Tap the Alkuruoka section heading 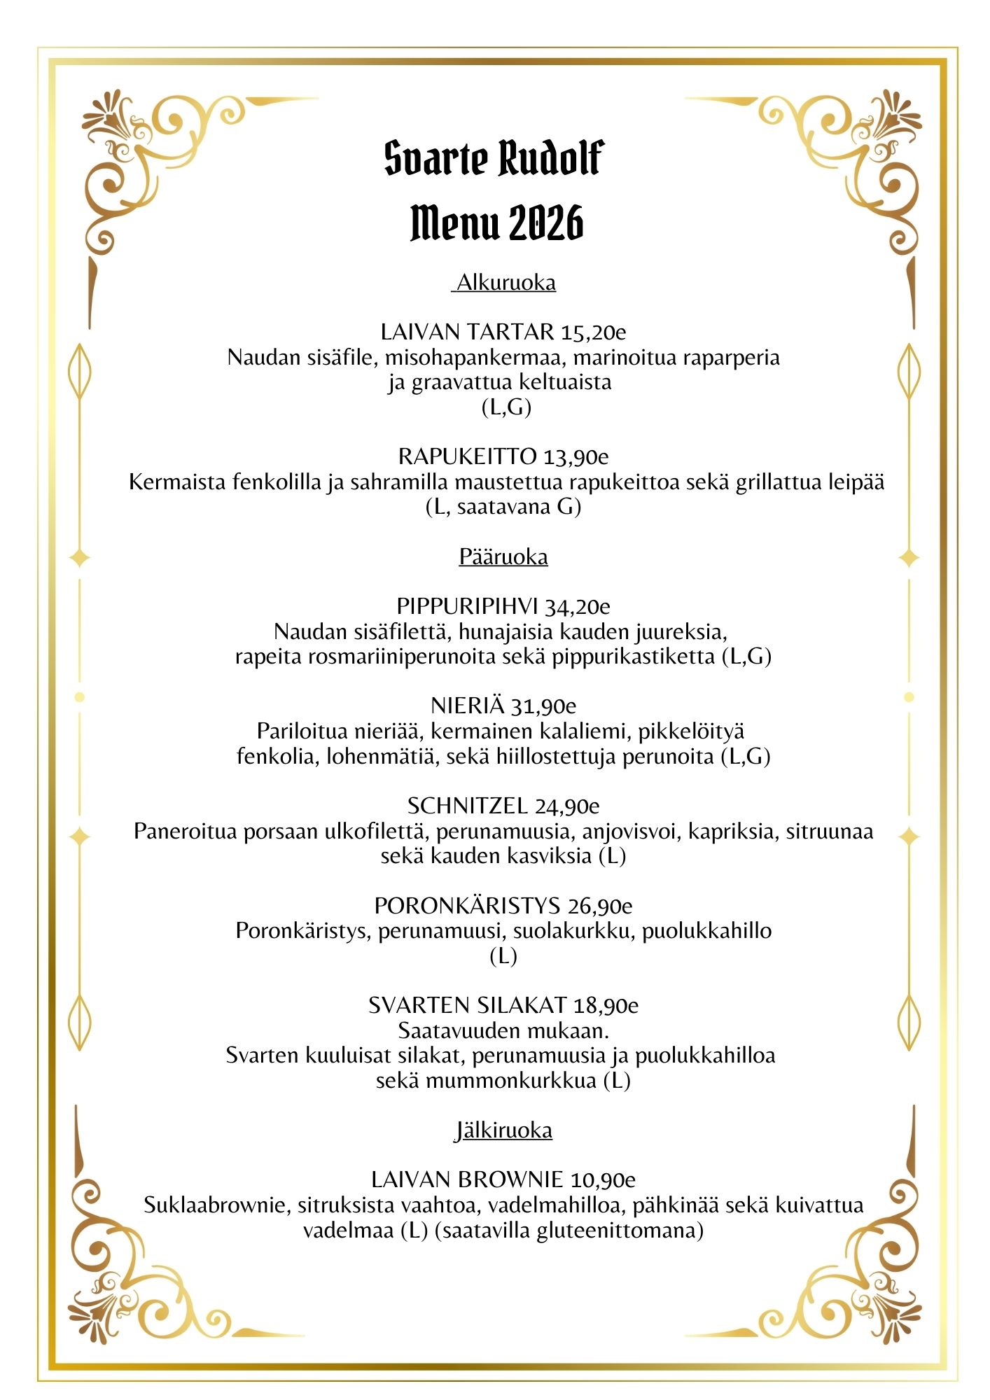(x=506, y=283)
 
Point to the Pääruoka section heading (x=503, y=557)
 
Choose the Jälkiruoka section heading (x=503, y=1130)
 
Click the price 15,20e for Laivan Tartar (x=593, y=332)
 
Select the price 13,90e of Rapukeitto (x=576, y=457)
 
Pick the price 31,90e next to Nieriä (x=543, y=706)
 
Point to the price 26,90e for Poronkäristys (x=599, y=906)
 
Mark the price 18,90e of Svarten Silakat (x=606, y=1006)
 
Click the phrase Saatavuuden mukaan (x=503, y=1031)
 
